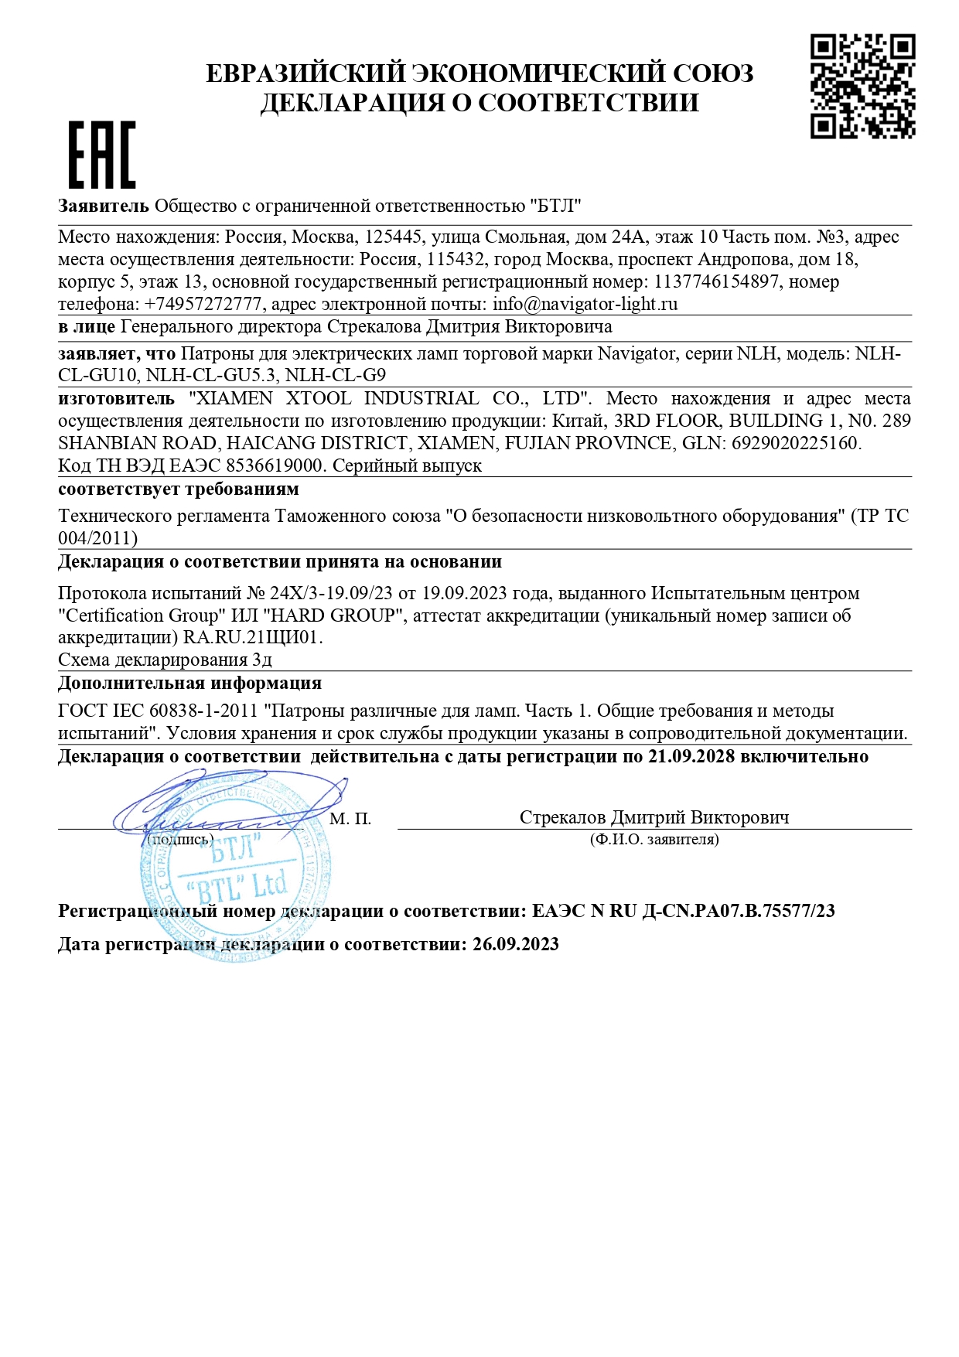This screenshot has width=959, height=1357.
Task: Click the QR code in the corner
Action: pyautogui.click(x=862, y=86)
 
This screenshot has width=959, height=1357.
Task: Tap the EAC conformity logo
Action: pyautogui.click(x=102, y=155)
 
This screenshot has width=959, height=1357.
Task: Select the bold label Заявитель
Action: pyautogui.click(x=104, y=206)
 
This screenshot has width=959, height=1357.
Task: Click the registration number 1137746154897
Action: pyautogui.click(x=716, y=281)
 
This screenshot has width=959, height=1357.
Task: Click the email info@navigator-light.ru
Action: pyautogui.click(x=585, y=304)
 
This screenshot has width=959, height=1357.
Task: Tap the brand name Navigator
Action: pyautogui.click(x=636, y=353)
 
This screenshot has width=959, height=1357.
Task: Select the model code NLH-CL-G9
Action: pyautogui.click(x=336, y=376)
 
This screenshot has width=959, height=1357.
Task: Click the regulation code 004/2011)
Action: pyautogui.click(x=98, y=538)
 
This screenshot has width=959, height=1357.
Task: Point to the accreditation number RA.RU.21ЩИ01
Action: pyautogui.click(x=252, y=638)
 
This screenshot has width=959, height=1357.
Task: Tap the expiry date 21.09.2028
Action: pyautogui.click(x=691, y=756)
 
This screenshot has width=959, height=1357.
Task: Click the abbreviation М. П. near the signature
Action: pyautogui.click(x=350, y=818)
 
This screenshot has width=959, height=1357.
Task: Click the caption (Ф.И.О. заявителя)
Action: pyautogui.click(x=654, y=839)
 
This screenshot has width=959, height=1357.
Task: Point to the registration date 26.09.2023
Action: pyautogui.click(x=515, y=944)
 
